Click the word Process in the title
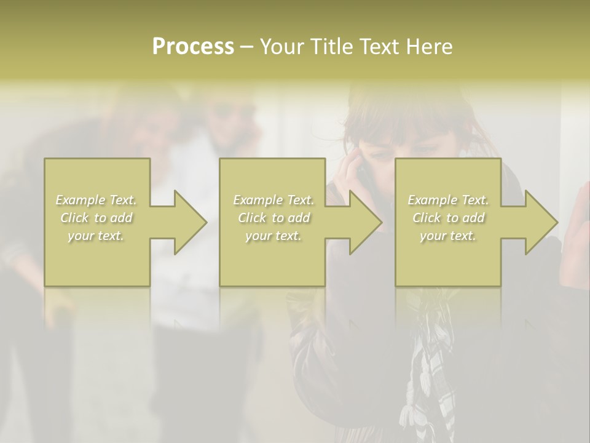[193, 47]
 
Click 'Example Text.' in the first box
[96, 200]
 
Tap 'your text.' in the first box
[96, 236]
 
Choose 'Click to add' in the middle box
[273, 218]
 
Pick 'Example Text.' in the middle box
[273, 200]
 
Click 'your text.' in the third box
[448, 236]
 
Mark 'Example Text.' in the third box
[448, 200]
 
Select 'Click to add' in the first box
[96, 218]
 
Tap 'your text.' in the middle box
[273, 236]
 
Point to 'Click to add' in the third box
[448, 218]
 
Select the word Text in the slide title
[380, 47]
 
